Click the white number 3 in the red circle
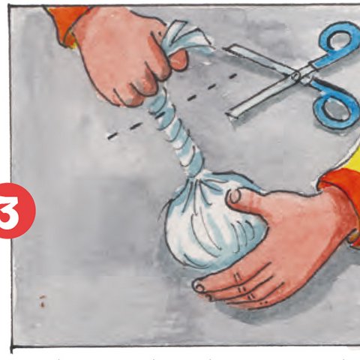[15, 210]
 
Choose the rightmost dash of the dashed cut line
[232, 75]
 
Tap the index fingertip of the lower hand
[201, 286]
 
